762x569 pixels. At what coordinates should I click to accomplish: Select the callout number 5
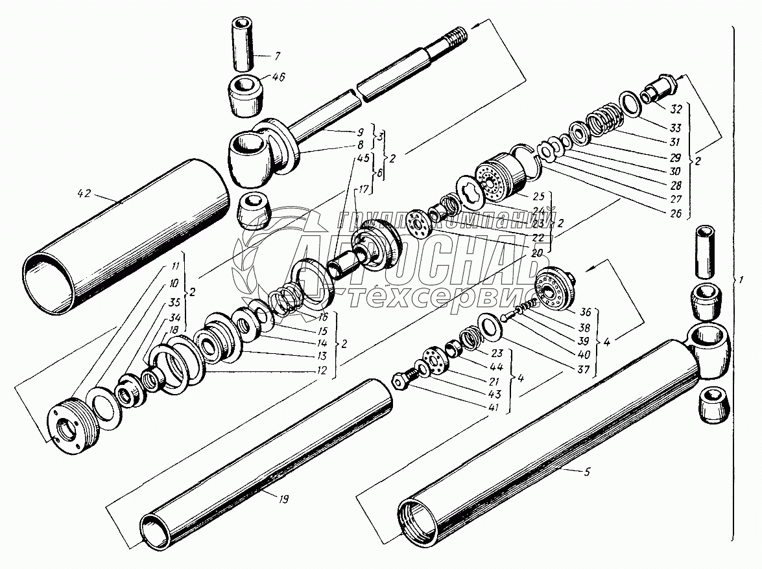[587, 472]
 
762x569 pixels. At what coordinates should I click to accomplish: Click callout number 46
[278, 77]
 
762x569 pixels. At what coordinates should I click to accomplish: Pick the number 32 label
[676, 108]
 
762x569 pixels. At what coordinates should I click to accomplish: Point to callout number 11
[175, 266]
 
